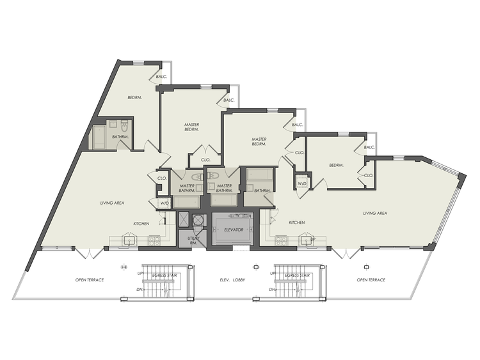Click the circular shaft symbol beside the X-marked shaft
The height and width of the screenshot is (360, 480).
(198, 219)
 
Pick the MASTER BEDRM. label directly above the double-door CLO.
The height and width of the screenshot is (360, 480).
(191, 127)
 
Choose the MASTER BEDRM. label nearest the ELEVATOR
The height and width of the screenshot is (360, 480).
(259, 142)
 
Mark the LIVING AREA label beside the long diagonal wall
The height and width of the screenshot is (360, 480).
(112, 203)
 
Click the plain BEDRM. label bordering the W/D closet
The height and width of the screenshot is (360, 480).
(337, 165)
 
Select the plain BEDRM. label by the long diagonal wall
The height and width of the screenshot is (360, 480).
(134, 97)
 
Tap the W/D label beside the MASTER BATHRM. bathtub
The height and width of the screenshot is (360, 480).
(164, 203)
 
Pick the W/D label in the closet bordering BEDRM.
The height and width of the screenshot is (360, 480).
(301, 184)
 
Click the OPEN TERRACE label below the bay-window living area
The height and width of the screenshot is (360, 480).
(371, 279)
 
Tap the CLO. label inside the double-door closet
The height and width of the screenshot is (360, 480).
(205, 160)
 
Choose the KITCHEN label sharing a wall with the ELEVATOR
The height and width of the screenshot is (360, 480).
(296, 223)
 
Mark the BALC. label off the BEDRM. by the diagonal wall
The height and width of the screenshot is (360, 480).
(162, 77)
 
